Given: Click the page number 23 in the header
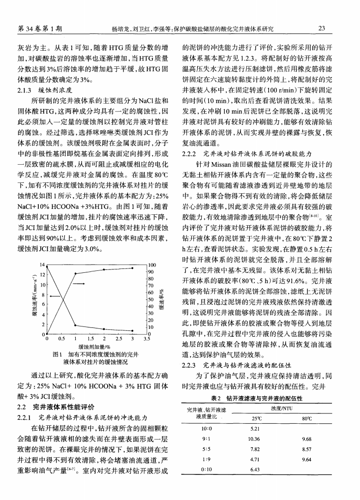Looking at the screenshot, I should tap(323, 29).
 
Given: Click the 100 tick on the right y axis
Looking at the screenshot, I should tap(151, 265).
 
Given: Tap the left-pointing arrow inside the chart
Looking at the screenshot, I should tap(54, 296).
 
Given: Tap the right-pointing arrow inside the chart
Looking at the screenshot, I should tap(79, 284).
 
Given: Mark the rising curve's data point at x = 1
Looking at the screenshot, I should tap(75, 273).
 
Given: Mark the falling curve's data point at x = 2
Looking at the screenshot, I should tap(104, 329).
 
